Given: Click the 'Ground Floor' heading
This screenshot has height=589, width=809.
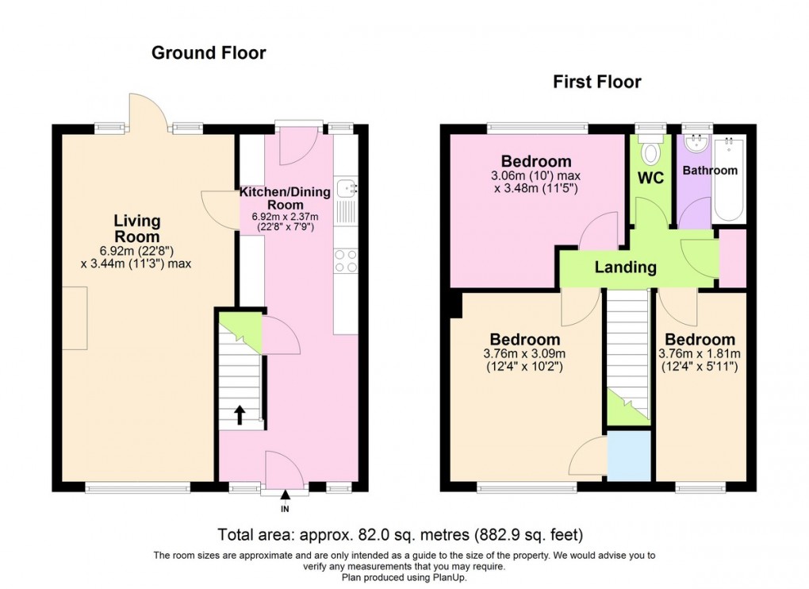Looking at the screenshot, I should pos(209,53).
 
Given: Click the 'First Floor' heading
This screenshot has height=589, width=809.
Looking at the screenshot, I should pos(596,82).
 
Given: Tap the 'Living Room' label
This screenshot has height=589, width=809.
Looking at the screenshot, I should pos(136,229).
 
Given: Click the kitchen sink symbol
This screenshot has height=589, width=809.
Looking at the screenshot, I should pos(347,189).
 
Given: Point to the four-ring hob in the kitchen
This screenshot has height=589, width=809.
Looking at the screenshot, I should pos(347,261).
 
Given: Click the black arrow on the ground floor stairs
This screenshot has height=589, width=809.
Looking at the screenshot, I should pos(239,413).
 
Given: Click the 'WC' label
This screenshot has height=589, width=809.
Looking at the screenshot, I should pos(652,176).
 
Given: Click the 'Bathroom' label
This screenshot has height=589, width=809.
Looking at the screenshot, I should pos(710,170).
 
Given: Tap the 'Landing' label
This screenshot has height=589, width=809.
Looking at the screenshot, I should pos(626,268).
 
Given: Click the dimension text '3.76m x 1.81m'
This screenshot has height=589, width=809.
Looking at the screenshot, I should pos(700,354).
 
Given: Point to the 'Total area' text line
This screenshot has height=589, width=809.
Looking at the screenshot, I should pos(404,535).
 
